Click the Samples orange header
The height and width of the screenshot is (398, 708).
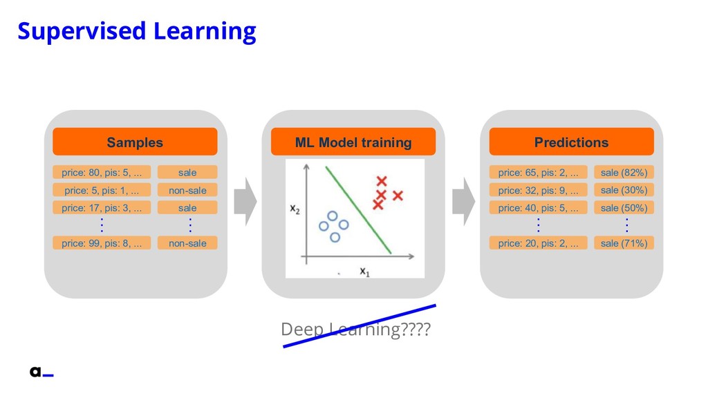[135, 142]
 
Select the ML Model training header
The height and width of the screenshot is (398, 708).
[353, 142]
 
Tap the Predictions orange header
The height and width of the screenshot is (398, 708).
[571, 142]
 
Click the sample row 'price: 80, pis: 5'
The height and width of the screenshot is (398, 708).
[102, 172]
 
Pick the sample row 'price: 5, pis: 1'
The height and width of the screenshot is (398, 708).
[102, 190]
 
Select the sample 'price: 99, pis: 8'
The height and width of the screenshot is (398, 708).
[102, 243]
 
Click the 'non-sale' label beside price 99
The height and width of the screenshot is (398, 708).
[187, 243]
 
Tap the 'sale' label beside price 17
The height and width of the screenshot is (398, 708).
[187, 207]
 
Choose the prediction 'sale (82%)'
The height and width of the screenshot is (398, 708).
[624, 172]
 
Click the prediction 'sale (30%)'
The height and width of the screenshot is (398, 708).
[624, 190]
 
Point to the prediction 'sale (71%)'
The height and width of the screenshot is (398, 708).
[624, 243]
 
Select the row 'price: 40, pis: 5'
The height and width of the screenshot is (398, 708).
[538, 207]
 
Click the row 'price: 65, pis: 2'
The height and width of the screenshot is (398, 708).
[538, 172]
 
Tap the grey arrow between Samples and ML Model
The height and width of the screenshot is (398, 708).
[245, 201]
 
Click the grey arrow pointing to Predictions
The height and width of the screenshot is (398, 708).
[463, 201]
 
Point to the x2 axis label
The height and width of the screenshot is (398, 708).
[295, 209]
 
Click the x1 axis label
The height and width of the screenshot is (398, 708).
[365, 272]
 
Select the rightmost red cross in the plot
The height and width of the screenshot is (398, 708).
[398, 196]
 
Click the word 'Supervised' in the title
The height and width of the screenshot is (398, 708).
[82, 31]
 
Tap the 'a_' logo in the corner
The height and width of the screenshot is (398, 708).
[41, 372]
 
